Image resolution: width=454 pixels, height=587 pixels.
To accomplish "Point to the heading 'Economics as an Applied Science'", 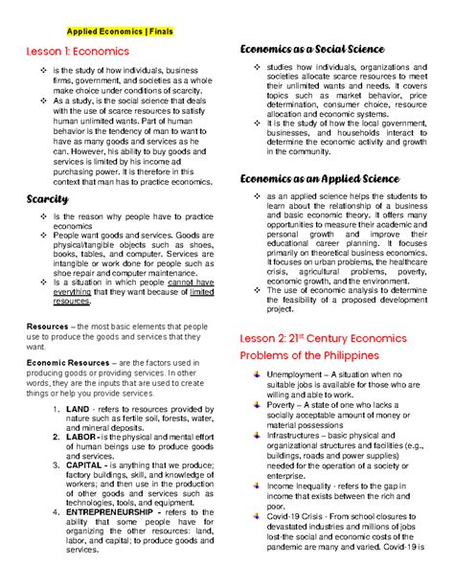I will [x=319, y=179].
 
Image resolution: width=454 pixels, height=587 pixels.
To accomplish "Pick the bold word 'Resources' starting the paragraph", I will [x=48, y=326].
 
